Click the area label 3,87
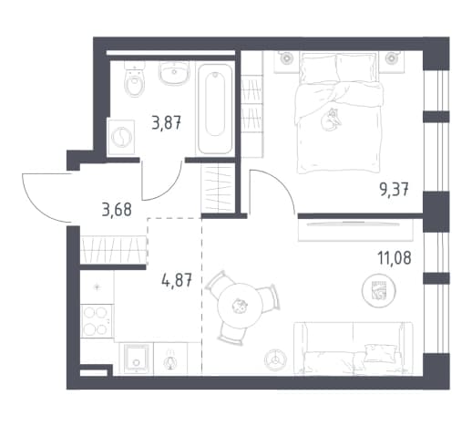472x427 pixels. pos(167,124)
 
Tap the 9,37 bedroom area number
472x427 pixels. pos(394,191)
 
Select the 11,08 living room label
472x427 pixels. pos(395,258)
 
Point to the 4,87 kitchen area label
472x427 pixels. pos(177,280)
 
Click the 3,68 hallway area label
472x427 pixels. pos(117,210)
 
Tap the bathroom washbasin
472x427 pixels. pos(174,73)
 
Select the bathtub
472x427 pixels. pos(215,109)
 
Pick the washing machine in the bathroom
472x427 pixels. pos(121,137)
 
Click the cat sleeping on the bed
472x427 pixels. pos(331,120)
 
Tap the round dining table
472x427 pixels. pos(240,306)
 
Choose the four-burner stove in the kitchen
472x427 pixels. pos(96,321)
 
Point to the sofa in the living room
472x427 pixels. pos(353,348)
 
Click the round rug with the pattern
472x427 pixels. pos(378,291)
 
